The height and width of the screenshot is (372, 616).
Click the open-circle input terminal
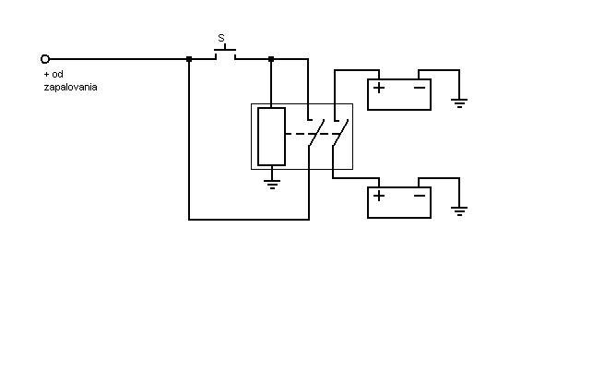click(45, 59)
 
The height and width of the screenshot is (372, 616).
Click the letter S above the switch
click(221, 39)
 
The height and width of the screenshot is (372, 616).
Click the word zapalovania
click(70, 87)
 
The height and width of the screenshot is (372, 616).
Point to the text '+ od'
click(53, 75)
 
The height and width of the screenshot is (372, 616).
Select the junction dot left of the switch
click(189, 59)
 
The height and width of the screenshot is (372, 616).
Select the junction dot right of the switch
click(271, 59)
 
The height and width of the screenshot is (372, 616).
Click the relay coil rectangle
click(271, 136)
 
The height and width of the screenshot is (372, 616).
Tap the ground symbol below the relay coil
click(271, 183)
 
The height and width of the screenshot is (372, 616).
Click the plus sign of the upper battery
click(379, 88)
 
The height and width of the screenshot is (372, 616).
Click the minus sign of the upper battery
click(420, 88)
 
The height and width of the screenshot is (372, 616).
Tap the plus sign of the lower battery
click(379, 195)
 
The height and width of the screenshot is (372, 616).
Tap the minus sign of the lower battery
click(420, 195)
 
